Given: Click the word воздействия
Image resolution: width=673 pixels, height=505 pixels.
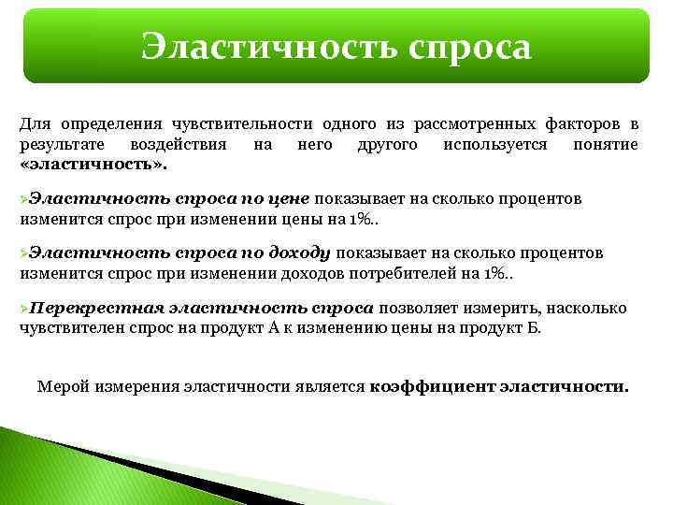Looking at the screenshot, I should (x=169, y=145).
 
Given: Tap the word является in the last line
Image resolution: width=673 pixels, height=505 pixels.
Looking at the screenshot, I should (x=337, y=385).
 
